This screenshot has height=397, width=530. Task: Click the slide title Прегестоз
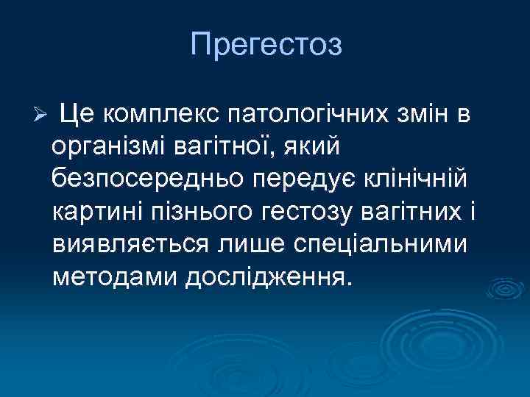(x=266, y=45)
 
